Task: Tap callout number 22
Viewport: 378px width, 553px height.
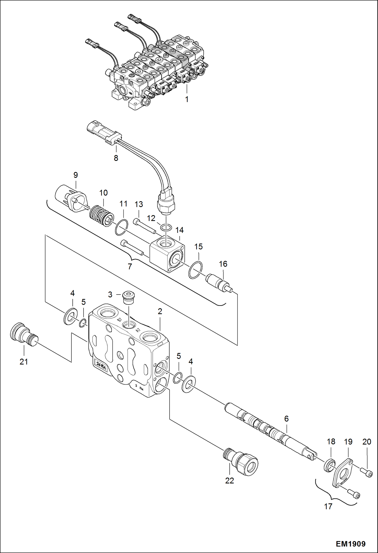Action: click(229, 481)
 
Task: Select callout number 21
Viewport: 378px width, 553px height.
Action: click(24, 362)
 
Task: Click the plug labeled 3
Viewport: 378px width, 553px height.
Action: click(129, 298)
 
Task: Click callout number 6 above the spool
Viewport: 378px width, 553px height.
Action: click(286, 419)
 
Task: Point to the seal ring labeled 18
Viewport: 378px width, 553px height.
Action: click(330, 465)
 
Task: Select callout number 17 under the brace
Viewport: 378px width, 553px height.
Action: click(328, 506)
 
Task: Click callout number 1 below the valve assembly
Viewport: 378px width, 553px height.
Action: click(187, 99)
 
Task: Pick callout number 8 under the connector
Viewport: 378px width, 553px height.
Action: click(116, 158)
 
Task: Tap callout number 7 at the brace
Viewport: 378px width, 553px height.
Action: click(130, 266)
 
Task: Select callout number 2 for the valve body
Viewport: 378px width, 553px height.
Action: click(160, 311)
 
